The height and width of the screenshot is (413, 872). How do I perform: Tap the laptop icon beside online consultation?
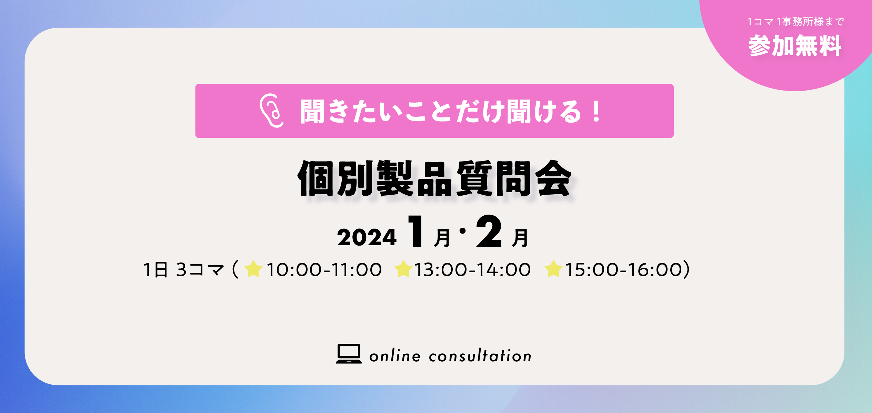pos(349,354)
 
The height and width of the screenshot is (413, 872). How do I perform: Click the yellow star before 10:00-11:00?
pos(253,269)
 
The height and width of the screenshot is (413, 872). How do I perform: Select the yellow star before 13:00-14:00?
pos(403,269)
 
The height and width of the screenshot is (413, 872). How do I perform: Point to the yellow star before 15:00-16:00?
pos(553,269)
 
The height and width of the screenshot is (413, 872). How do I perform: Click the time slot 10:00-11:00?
pos(324,270)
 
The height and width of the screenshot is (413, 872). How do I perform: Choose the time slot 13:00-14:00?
pos(472,270)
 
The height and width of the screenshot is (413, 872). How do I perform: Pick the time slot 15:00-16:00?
pos(623,270)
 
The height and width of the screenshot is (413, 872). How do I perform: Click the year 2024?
pos(367,237)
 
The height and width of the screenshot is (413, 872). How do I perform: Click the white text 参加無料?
pos(795,45)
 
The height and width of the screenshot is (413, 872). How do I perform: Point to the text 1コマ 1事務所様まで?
pos(796,22)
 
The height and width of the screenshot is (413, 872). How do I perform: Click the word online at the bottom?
pos(395,356)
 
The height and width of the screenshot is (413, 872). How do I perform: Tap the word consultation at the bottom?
pos(480,356)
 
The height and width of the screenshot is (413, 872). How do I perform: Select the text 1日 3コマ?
pos(183,270)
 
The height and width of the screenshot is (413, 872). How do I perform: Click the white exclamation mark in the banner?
pos(596,111)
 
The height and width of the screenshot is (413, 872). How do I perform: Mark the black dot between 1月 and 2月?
pos(463,231)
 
